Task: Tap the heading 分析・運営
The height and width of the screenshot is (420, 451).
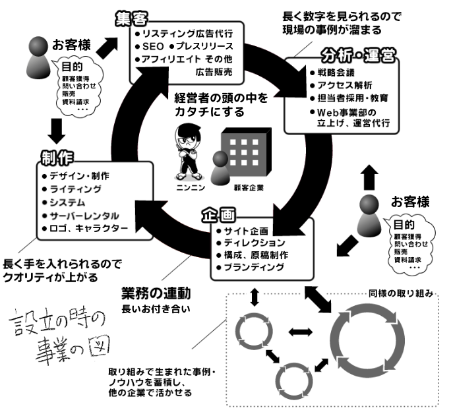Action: click(359, 56)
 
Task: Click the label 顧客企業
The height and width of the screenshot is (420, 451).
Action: click(248, 187)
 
